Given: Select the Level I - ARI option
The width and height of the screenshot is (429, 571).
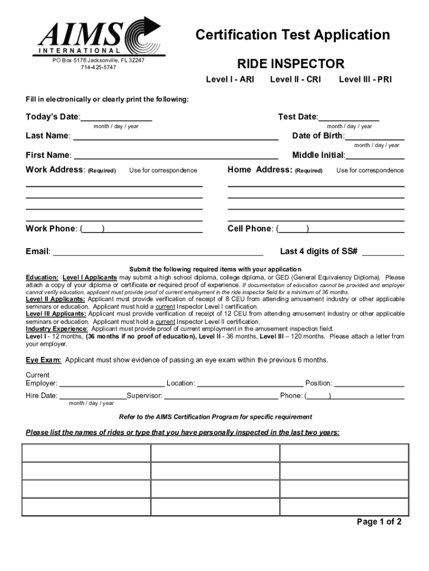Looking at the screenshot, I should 230,79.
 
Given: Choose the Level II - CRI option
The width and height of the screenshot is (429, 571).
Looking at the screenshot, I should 295,79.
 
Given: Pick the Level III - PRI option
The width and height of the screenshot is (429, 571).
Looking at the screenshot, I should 365,79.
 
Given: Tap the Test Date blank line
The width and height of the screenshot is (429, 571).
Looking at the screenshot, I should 349,118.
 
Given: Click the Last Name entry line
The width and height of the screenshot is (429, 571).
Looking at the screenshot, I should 175,137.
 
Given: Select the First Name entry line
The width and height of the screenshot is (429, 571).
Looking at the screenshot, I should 176,156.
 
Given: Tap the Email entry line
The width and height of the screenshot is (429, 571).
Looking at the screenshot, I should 158,252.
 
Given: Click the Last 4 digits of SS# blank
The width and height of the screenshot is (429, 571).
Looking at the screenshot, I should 383,252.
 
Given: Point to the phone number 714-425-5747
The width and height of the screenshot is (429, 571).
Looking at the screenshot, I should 99,67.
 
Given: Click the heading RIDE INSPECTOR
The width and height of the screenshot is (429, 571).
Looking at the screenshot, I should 291,64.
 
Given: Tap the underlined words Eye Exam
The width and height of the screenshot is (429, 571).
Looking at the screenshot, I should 43,360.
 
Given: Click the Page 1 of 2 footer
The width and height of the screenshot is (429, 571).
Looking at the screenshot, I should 379,522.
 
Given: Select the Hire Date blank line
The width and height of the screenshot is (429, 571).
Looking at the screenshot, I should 92,396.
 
